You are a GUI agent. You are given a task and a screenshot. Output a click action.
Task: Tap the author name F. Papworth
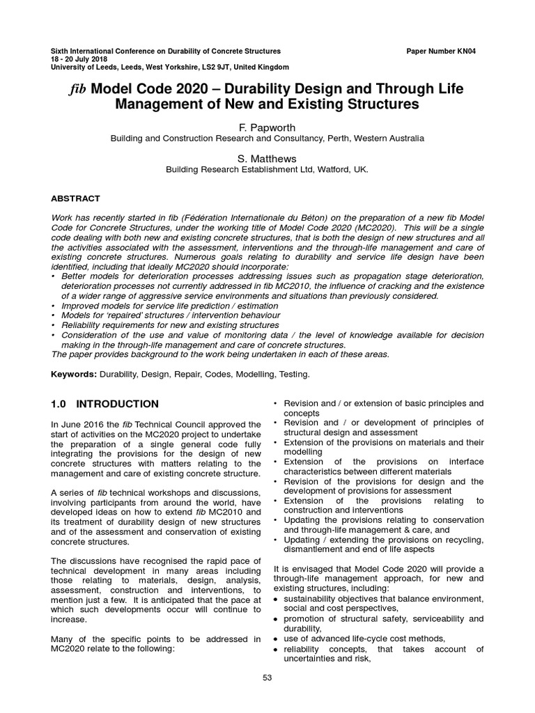click(x=267, y=127)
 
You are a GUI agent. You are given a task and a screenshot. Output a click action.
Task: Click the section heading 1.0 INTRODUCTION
click(x=105, y=404)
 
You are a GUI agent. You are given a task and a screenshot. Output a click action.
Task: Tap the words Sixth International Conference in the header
click(x=99, y=52)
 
